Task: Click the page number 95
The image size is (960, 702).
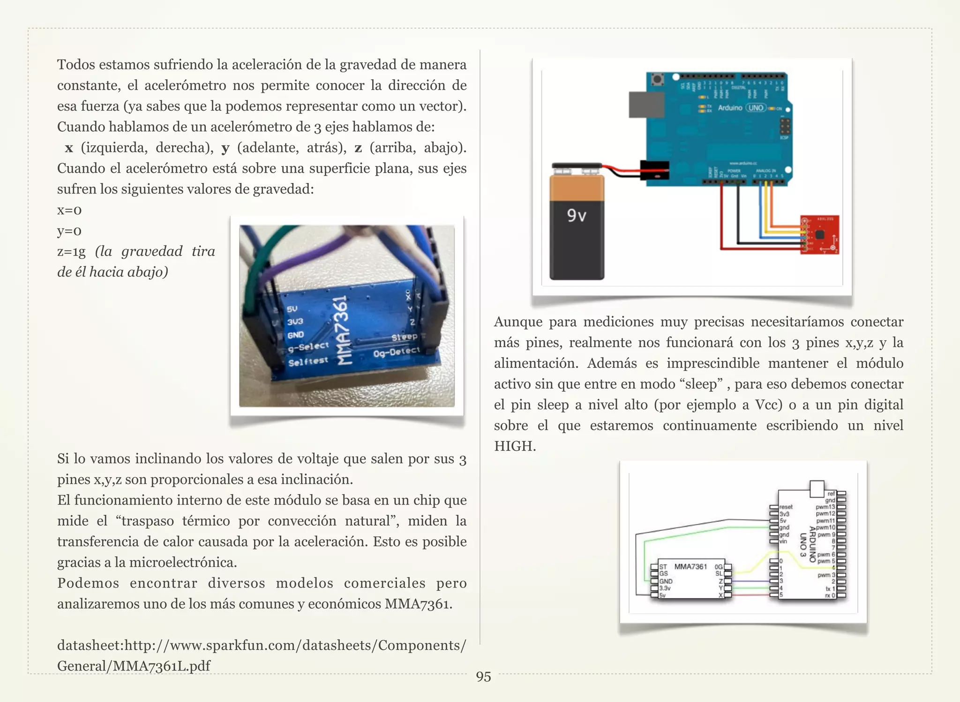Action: point(483,677)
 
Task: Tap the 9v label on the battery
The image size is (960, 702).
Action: point(576,215)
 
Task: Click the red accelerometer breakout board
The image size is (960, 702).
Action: point(820,235)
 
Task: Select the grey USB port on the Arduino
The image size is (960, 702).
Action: point(646,105)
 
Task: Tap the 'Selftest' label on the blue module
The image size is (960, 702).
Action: point(308,361)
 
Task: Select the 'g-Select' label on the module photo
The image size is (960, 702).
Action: point(308,347)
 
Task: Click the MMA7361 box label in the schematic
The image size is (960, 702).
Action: point(690,566)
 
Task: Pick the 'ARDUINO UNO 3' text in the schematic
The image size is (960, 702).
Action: point(808,545)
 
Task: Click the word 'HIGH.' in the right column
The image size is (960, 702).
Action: point(515,446)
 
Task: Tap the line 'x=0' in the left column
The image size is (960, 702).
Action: point(69,210)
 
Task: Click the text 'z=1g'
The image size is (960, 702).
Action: point(71,252)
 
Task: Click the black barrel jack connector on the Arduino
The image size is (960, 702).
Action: point(654,170)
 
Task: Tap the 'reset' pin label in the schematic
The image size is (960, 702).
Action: point(786,507)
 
